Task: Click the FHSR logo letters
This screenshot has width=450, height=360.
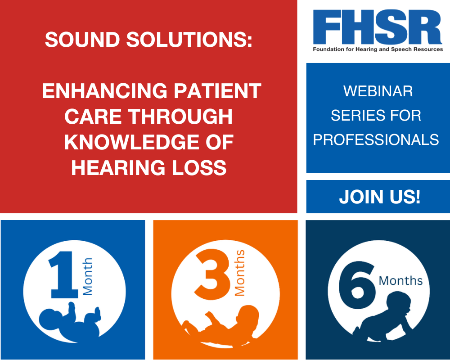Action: tap(378, 27)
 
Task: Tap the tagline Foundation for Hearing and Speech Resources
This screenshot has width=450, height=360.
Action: tap(378, 49)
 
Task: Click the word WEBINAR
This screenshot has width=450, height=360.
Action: tap(378, 91)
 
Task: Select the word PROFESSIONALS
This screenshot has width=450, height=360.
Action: tap(376, 140)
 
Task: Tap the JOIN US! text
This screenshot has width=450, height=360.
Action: tap(380, 197)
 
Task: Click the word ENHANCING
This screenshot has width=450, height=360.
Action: tap(105, 91)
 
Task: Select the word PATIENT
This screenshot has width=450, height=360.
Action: tap(218, 91)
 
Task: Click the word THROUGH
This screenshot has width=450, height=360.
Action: tap(180, 117)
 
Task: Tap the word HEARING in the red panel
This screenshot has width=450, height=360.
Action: tap(118, 168)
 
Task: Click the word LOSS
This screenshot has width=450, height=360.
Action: tap(199, 168)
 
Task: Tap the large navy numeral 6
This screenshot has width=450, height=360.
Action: tap(357, 285)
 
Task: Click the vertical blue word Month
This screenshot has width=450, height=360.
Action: tap(88, 276)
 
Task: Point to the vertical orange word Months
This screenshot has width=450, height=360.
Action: tap(240, 273)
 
